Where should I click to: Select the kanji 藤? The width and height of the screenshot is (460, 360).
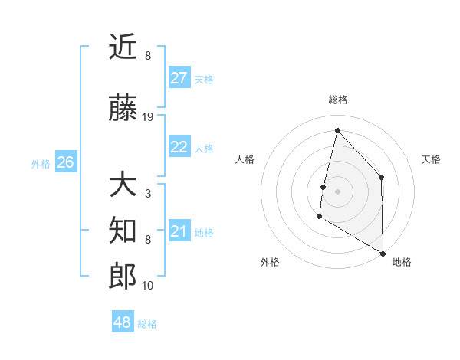coord(123,110)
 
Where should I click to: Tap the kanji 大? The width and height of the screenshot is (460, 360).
coord(123,186)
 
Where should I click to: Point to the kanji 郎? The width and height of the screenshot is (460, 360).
coord(123,277)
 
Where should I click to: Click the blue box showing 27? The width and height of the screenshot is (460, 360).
coord(179,78)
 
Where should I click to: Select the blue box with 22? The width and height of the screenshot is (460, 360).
coord(179,148)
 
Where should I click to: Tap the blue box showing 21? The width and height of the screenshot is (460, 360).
coord(179,231)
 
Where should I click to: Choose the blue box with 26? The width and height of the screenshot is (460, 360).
coord(65,162)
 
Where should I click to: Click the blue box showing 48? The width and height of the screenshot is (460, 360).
coord(123,322)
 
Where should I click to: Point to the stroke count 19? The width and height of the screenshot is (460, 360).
coord(148,117)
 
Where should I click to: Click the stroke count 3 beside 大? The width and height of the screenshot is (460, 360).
coord(147,194)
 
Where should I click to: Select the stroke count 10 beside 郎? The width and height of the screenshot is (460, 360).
coord(148,285)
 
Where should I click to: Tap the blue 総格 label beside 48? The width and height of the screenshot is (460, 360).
coord(147,324)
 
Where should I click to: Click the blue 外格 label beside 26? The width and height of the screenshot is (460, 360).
coord(41,163)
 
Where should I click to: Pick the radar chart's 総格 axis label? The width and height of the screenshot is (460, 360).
coord(337,100)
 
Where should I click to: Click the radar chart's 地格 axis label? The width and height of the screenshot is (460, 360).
coord(402,262)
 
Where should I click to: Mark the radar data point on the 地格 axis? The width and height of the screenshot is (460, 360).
coord(383,253)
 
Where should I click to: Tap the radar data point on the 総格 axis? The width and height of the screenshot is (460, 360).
coord(337,130)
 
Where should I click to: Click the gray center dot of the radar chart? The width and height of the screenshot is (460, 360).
coord(337,191)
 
